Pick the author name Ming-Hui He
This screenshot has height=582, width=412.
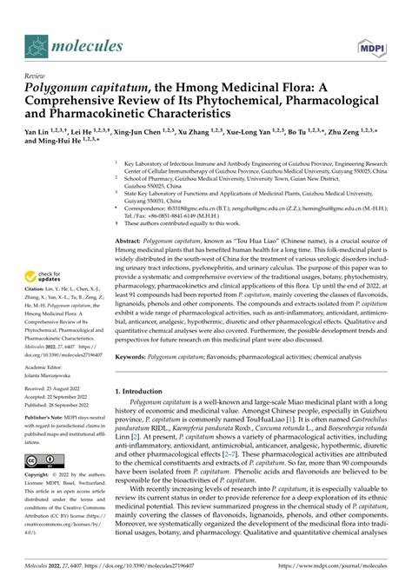coord(59,148)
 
